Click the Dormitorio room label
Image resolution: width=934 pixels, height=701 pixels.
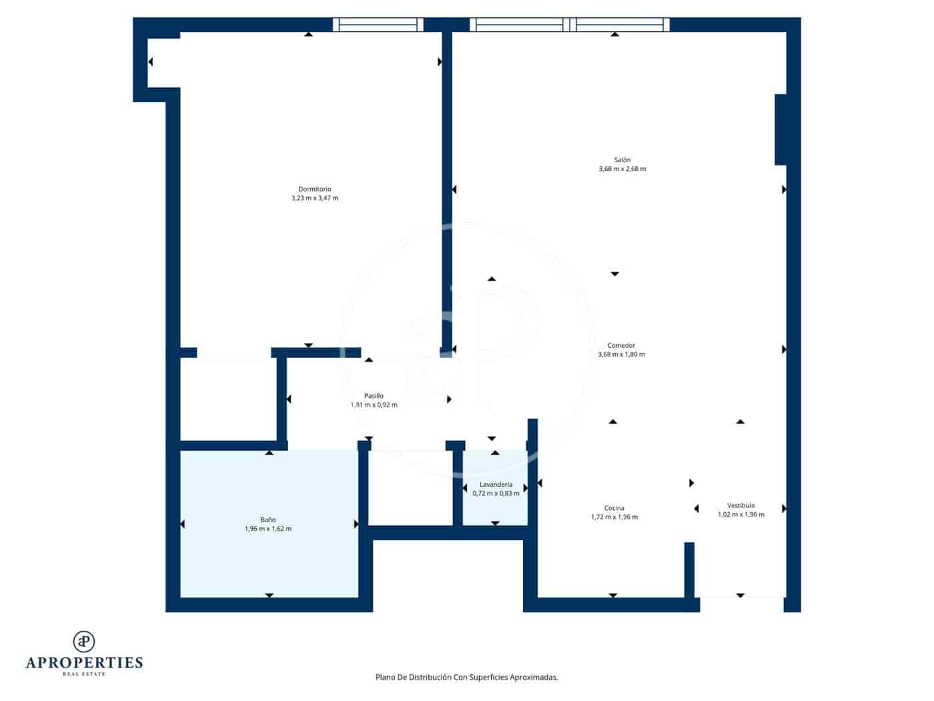(315, 189)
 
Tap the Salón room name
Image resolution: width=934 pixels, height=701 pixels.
(622, 160)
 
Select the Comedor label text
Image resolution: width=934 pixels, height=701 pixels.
(621, 345)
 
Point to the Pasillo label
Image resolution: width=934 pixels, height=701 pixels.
(374, 396)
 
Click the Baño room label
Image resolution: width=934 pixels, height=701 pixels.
(268, 519)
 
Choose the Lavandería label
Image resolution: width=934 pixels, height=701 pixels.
(496, 484)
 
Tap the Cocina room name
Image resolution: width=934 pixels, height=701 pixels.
(614, 508)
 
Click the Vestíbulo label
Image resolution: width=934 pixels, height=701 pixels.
(741, 505)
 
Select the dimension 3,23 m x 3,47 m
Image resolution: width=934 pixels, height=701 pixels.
(315, 198)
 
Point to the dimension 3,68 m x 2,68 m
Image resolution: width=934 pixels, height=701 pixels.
(622, 169)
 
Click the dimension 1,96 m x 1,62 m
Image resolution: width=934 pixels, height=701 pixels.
(268, 529)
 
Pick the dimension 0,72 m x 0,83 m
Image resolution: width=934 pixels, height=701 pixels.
(496, 493)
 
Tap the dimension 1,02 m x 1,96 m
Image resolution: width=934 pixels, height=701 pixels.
(741, 515)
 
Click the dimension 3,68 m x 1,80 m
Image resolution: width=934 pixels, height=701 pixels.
(621, 355)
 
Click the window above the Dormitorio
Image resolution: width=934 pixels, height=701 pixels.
(378, 25)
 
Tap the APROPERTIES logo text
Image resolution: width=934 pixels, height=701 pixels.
(84, 662)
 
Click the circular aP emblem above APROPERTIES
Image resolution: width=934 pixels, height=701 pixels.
(84, 642)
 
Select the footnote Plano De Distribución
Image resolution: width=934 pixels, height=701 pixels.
(466, 677)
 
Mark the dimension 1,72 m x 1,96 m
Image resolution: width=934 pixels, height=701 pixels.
(614, 517)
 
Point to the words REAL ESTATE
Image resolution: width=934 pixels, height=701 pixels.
(84, 674)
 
